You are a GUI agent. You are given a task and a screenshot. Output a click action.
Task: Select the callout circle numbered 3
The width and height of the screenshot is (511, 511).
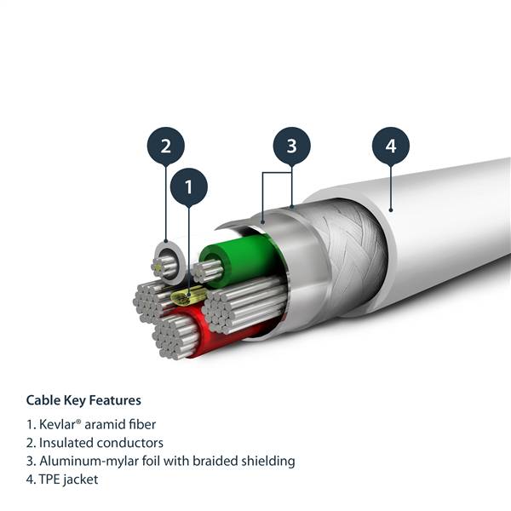pos(291,146)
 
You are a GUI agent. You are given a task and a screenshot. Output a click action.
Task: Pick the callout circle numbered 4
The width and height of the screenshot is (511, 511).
pos(391,146)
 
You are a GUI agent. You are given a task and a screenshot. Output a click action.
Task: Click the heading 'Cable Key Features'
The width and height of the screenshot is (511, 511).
pos(83,399)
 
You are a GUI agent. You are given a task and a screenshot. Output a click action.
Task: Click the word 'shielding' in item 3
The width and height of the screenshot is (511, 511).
pos(267,461)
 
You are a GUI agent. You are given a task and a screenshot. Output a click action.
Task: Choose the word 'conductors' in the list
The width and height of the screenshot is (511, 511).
pos(132,443)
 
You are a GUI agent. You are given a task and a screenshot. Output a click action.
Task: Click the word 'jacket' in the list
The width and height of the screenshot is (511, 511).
pos(82,479)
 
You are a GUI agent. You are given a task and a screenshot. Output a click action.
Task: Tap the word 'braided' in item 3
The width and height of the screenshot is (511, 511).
pos(216,461)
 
